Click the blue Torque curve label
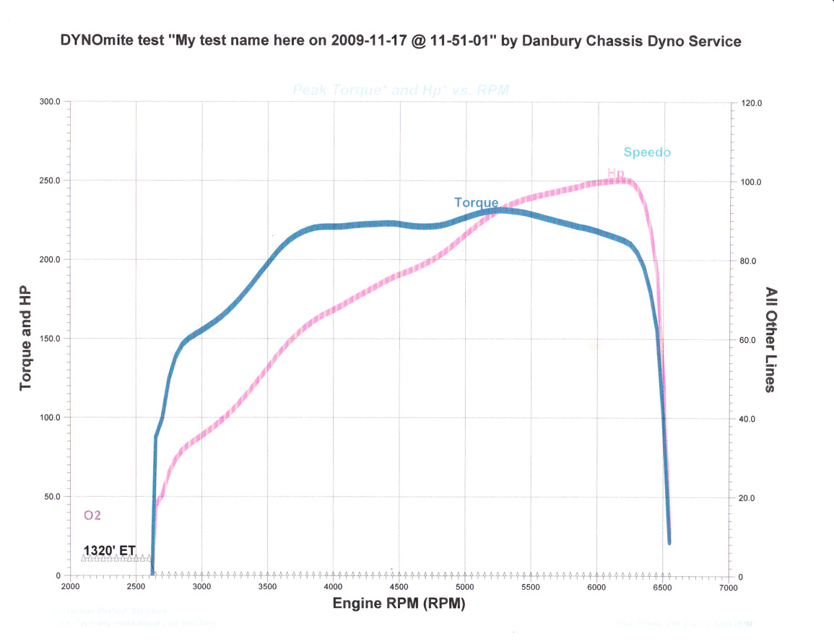pos(476,203)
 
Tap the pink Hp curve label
pos(615,173)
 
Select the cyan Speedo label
pos(647,152)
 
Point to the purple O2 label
pos(92,515)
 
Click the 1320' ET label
pos(110,550)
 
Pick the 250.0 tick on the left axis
pos(49,180)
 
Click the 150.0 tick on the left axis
pos(49,339)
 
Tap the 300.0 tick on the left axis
pos(49,102)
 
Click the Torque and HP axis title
pos(26,339)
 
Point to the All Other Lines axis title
pos(770,339)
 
